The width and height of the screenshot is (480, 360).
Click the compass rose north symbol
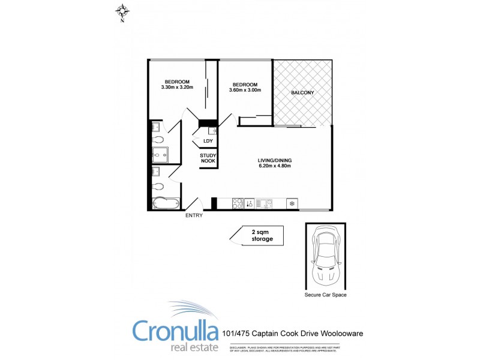(122, 11)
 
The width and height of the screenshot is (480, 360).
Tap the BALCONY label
(302, 92)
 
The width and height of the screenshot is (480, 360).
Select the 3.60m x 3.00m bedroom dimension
(245, 91)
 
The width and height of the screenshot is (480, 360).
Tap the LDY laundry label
(208, 142)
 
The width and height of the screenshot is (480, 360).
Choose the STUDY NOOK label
(208, 158)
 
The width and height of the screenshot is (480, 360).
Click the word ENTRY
(194, 215)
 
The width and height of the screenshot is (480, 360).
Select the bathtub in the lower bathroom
(163, 203)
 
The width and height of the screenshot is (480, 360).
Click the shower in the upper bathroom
(160, 155)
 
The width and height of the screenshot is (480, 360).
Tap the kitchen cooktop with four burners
(236, 203)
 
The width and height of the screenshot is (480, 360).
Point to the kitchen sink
(264, 203)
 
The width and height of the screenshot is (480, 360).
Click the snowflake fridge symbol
(292, 203)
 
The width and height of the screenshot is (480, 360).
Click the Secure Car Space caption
(326, 295)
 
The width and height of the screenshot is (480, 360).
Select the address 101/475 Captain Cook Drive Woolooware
(292, 333)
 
